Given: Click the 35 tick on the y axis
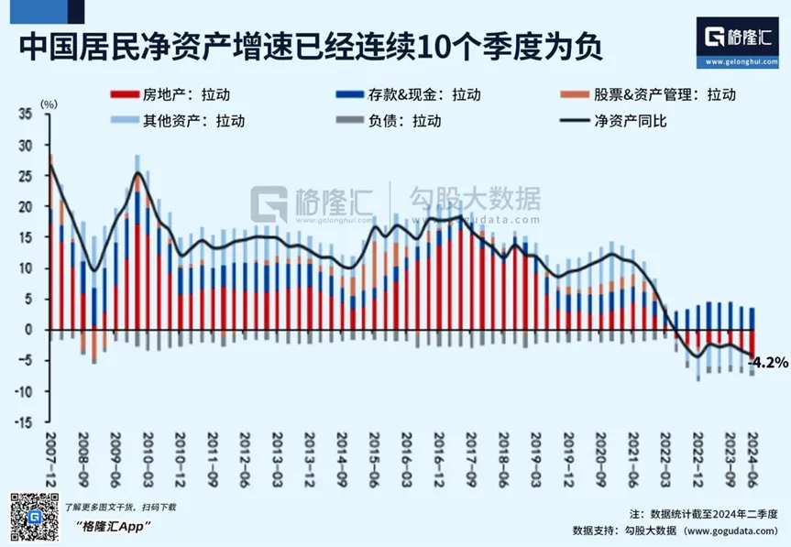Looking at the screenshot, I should (x=25, y=115).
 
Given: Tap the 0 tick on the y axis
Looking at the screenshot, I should (x=29, y=330).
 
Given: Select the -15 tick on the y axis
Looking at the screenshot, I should (x=25, y=422).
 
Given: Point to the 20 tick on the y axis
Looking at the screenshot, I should (x=25, y=207).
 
